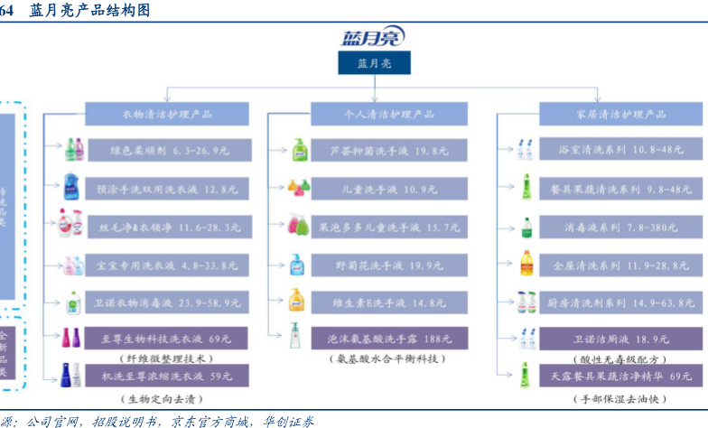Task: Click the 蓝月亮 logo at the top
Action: (x=373, y=37)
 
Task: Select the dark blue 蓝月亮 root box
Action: (x=374, y=63)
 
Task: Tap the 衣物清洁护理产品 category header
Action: (x=167, y=115)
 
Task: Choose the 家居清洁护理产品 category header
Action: (x=620, y=115)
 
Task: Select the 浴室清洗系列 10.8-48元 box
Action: (x=620, y=150)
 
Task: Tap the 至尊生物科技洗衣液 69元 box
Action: (x=167, y=339)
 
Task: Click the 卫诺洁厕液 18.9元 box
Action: (x=620, y=339)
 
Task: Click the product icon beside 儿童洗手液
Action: (x=299, y=188)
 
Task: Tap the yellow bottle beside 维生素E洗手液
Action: (x=296, y=301)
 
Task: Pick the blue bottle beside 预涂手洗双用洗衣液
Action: (x=71, y=188)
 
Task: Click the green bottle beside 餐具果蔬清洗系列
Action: (x=524, y=188)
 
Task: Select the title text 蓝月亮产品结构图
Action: (x=90, y=10)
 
